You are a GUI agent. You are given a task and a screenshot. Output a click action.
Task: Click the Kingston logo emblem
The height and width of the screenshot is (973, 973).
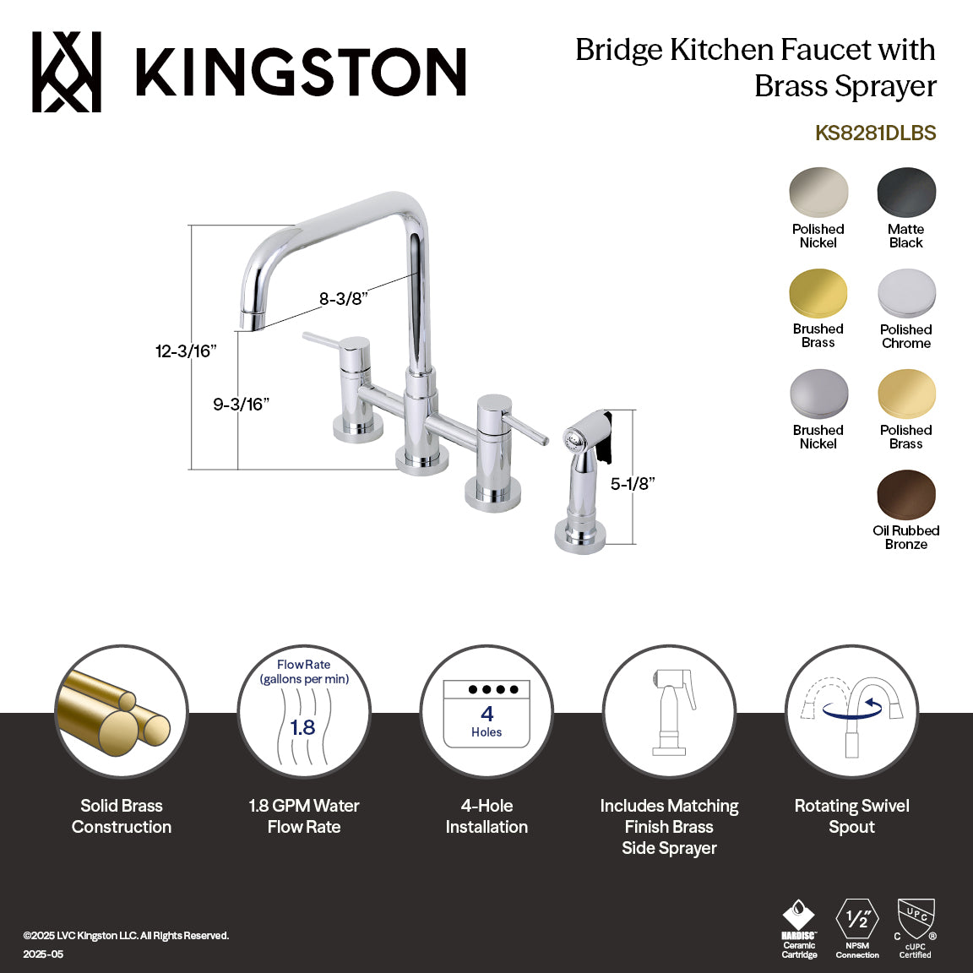coord(67,72)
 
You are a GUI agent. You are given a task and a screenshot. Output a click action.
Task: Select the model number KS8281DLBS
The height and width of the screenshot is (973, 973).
coord(875,133)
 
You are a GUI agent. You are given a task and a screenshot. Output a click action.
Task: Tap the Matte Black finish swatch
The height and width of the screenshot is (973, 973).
coord(906,193)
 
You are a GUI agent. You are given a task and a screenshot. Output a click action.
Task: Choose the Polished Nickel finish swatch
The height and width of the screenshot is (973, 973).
coord(818,193)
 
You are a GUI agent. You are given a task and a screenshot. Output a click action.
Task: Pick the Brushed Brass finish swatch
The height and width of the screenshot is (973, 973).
coord(818,294)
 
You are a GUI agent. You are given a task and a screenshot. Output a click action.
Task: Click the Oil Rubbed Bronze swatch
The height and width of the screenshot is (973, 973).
coord(906,496)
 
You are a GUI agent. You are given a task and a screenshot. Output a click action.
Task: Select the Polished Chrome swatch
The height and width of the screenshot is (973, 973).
coord(906,294)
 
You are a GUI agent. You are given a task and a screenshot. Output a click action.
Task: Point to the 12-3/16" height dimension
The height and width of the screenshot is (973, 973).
coord(186,351)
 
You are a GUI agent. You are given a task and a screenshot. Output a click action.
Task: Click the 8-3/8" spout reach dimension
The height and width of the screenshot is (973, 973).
coord(343,299)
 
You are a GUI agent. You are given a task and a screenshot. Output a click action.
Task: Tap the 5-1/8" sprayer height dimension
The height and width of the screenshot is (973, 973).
coord(633,484)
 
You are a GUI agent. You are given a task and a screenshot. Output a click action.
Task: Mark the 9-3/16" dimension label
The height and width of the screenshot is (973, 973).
coord(241,405)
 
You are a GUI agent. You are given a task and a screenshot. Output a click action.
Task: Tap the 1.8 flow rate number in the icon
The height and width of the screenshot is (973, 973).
coord(302,727)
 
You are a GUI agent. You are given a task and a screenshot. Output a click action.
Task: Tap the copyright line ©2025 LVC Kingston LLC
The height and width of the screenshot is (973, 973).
coord(127,936)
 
